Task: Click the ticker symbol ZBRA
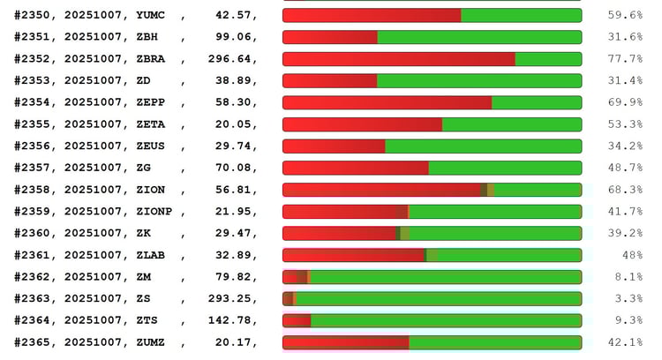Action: pyautogui.click(x=151, y=59)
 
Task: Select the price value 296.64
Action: pyautogui.click(x=230, y=59)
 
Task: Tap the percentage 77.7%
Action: pyautogui.click(x=625, y=59)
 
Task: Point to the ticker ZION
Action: pyautogui.click(x=151, y=190)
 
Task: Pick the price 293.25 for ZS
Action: pyautogui.click(x=230, y=298)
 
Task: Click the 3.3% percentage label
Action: pyautogui.click(x=628, y=298)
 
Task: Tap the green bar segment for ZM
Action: pyautogui.click(x=446, y=277)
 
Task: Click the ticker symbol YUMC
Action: pyautogui.click(x=151, y=15)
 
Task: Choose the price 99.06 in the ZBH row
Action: pyautogui.click(x=234, y=37)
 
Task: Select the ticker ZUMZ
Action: pyautogui.click(x=151, y=342)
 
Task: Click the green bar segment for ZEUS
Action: pyautogui.click(x=483, y=146)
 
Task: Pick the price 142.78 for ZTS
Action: pyautogui.click(x=230, y=320)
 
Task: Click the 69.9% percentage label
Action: pyautogui.click(x=625, y=102)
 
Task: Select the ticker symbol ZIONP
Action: pyautogui.click(x=154, y=212)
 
